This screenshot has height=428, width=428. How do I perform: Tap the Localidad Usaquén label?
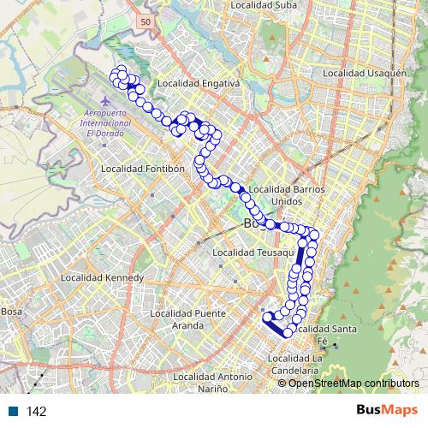point(362,74)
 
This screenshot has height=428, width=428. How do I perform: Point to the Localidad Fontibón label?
point(143,169)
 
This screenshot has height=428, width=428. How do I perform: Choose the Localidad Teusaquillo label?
point(254,253)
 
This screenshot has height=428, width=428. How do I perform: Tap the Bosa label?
point(10,312)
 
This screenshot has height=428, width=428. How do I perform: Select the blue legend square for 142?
point(13,412)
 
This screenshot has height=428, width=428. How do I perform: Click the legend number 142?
point(36,412)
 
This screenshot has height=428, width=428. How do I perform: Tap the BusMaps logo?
point(388,411)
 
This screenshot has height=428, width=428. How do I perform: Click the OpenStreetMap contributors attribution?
point(353,383)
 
